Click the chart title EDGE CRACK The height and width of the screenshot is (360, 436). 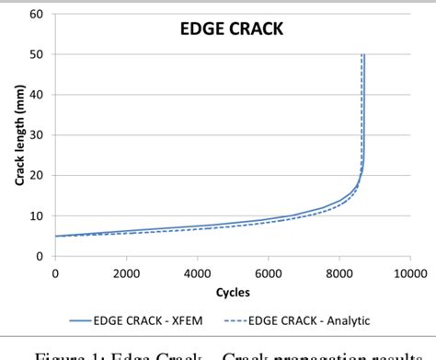point(231,30)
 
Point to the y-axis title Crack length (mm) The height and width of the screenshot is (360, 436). point(18,136)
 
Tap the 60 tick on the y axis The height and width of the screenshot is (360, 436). point(38,14)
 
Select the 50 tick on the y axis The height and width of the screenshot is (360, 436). point(38,54)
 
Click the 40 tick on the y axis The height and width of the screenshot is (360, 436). point(38,95)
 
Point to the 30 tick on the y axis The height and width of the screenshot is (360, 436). point(38,135)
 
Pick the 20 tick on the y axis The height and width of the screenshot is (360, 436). point(38,176)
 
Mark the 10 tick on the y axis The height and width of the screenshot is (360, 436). point(38,216)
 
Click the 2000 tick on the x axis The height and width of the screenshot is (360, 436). point(126,273)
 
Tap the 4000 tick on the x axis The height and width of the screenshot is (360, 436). point(197,273)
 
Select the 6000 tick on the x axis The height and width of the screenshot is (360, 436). point(268,273)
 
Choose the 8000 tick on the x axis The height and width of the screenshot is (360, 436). point(338,273)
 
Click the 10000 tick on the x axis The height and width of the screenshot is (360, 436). point(407,273)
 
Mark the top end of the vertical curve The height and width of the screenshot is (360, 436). point(363,55)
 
